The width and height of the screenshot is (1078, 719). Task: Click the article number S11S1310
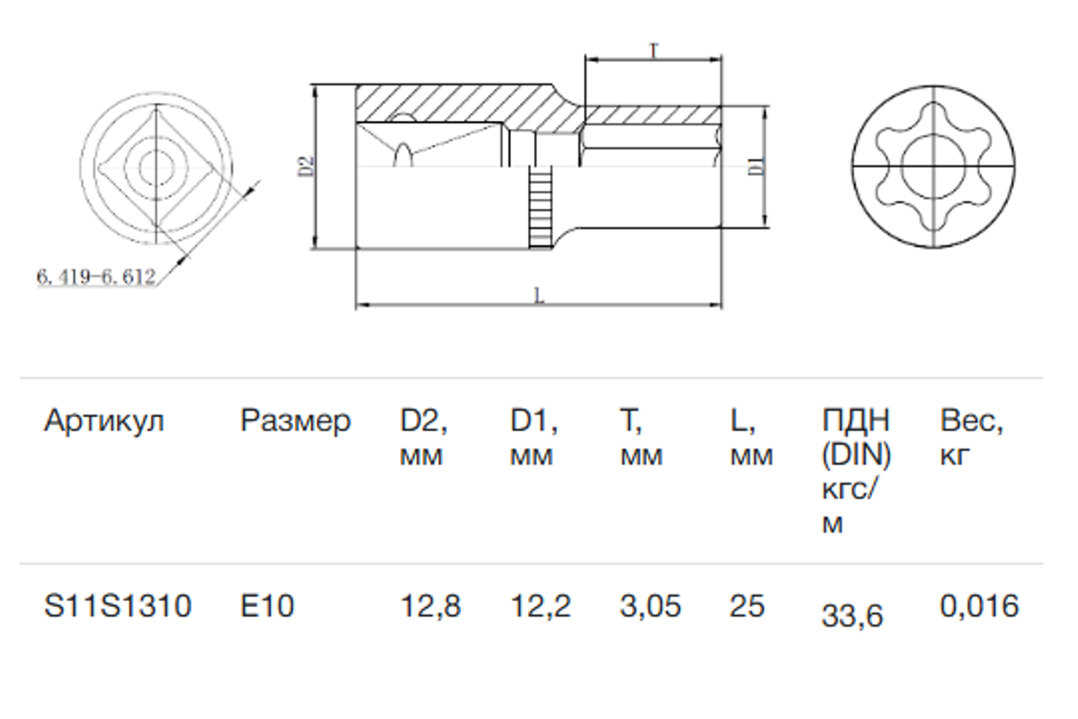[x=117, y=607]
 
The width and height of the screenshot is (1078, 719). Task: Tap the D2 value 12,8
[x=430, y=607]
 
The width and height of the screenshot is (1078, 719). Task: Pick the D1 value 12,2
[x=540, y=607]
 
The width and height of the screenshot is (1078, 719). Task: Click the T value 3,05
[x=650, y=607]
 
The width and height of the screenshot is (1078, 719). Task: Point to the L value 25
[x=746, y=607]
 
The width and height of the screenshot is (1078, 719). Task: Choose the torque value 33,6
[x=852, y=615]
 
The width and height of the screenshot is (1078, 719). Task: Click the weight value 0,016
[x=980, y=607]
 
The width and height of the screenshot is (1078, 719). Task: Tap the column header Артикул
[x=104, y=420]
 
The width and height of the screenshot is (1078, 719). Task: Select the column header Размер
[x=295, y=420]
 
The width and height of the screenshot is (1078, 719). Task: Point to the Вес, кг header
[x=972, y=438]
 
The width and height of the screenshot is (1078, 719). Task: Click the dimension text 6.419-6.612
[x=96, y=277]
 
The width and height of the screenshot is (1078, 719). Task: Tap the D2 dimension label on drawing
[x=304, y=167]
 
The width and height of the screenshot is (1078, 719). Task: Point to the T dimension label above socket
[x=653, y=51]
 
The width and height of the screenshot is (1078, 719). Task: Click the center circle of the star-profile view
[x=932, y=165]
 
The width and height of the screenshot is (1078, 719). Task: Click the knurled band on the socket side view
[x=539, y=209]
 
